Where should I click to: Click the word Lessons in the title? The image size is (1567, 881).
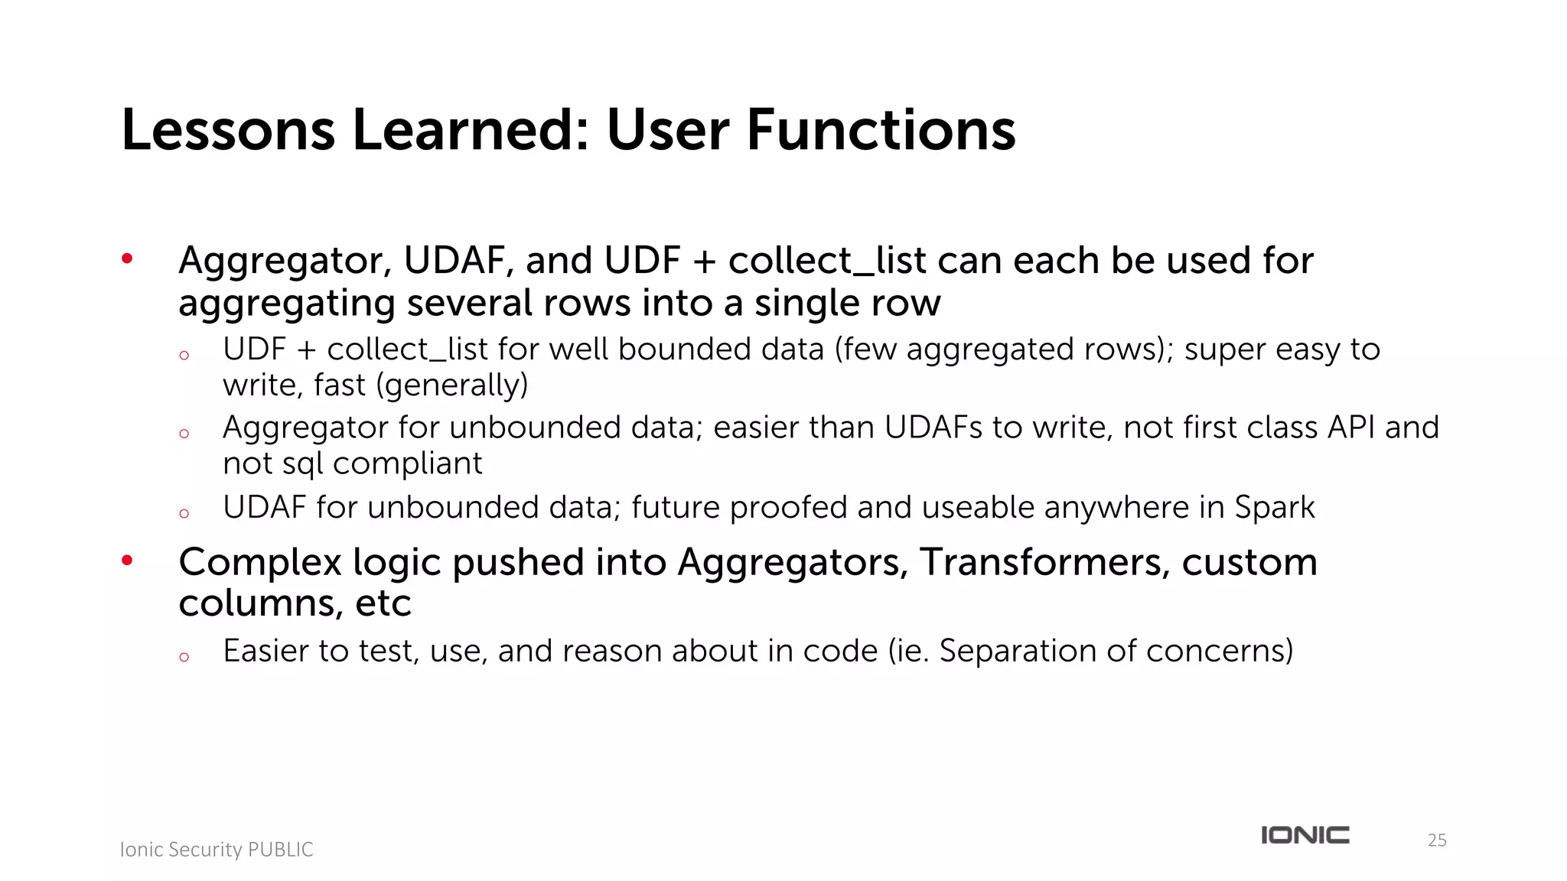pyautogui.click(x=228, y=130)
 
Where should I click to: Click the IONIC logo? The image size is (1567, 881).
pyautogui.click(x=1305, y=835)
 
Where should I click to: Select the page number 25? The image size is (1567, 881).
pyautogui.click(x=1437, y=840)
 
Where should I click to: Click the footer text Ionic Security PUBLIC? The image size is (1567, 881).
pyautogui.click(x=217, y=850)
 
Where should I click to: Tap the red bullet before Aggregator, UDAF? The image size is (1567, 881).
pyautogui.click(x=127, y=258)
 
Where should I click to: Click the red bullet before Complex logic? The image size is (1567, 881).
pyautogui.click(x=127, y=561)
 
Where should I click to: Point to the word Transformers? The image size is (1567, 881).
pyautogui.click(x=1044, y=562)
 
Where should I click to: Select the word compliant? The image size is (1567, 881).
pyautogui.click(x=407, y=463)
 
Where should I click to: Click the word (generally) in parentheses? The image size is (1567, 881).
pyautogui.click(x=452, y=385)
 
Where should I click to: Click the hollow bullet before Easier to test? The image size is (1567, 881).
pyautogui.click(x=184, y=657)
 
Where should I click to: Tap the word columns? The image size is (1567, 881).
pyautogui.click(x=260, y=604)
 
